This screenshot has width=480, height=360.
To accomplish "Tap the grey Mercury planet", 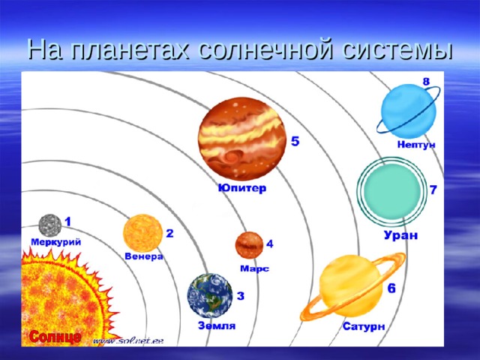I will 50,225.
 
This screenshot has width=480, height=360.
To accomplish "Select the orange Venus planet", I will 142,232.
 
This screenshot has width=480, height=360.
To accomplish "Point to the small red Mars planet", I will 248,244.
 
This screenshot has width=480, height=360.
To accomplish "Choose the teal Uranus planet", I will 390,191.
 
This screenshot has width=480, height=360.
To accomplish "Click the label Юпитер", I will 241,187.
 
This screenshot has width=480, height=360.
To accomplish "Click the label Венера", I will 143,256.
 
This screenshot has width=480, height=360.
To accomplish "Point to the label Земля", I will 217,325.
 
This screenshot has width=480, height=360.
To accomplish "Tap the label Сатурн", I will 364,326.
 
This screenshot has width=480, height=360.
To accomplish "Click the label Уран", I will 400,235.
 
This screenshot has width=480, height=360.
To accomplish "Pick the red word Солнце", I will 55,337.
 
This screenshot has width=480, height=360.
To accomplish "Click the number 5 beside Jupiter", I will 295,141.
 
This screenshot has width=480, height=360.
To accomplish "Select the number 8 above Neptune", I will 426,80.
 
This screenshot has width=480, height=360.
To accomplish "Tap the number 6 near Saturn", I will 391,287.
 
